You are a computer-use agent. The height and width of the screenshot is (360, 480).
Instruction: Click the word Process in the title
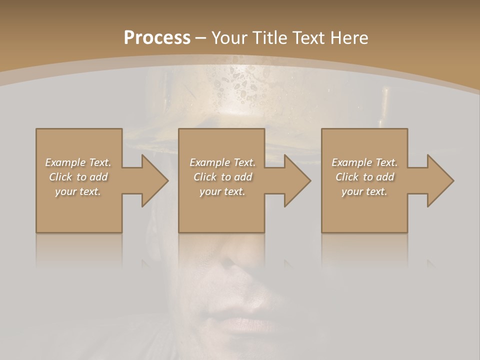pos(157,38)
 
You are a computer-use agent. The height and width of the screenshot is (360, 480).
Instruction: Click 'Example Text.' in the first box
pos(78,162)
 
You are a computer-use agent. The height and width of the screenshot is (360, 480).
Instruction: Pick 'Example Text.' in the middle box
pos(222,162)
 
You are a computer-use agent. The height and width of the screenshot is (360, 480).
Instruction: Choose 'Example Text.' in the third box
pos(364,162)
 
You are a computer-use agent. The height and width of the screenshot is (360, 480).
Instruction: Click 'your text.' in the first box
pos(78,191)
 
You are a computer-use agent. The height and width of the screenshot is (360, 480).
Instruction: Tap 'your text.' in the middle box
pos(222,191)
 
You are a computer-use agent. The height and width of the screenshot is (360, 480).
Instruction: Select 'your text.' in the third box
pos(364,191)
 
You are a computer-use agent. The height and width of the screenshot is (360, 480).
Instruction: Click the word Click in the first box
pos(60,177)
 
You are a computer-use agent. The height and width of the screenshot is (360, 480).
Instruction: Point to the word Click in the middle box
pos(205,177)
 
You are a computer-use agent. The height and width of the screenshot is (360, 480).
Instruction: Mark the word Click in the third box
pos(347,177)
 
